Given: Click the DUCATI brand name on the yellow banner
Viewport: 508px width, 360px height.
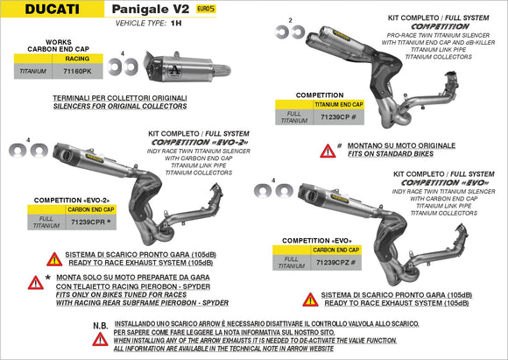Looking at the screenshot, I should click(38, 10).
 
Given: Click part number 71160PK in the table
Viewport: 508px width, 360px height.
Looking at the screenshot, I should click(78, 74).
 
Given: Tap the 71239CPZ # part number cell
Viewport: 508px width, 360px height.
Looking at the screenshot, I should click(335, 263).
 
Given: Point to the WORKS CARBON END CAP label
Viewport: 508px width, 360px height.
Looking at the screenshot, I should click(43, 46).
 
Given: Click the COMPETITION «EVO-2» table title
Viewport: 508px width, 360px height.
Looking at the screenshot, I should click(67, 201).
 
